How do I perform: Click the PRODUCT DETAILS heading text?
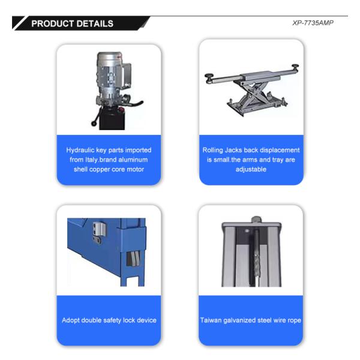(72, 24)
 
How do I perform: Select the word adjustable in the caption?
(251, 169)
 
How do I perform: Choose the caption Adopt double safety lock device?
(109, 320)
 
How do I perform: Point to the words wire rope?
(286, 320)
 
